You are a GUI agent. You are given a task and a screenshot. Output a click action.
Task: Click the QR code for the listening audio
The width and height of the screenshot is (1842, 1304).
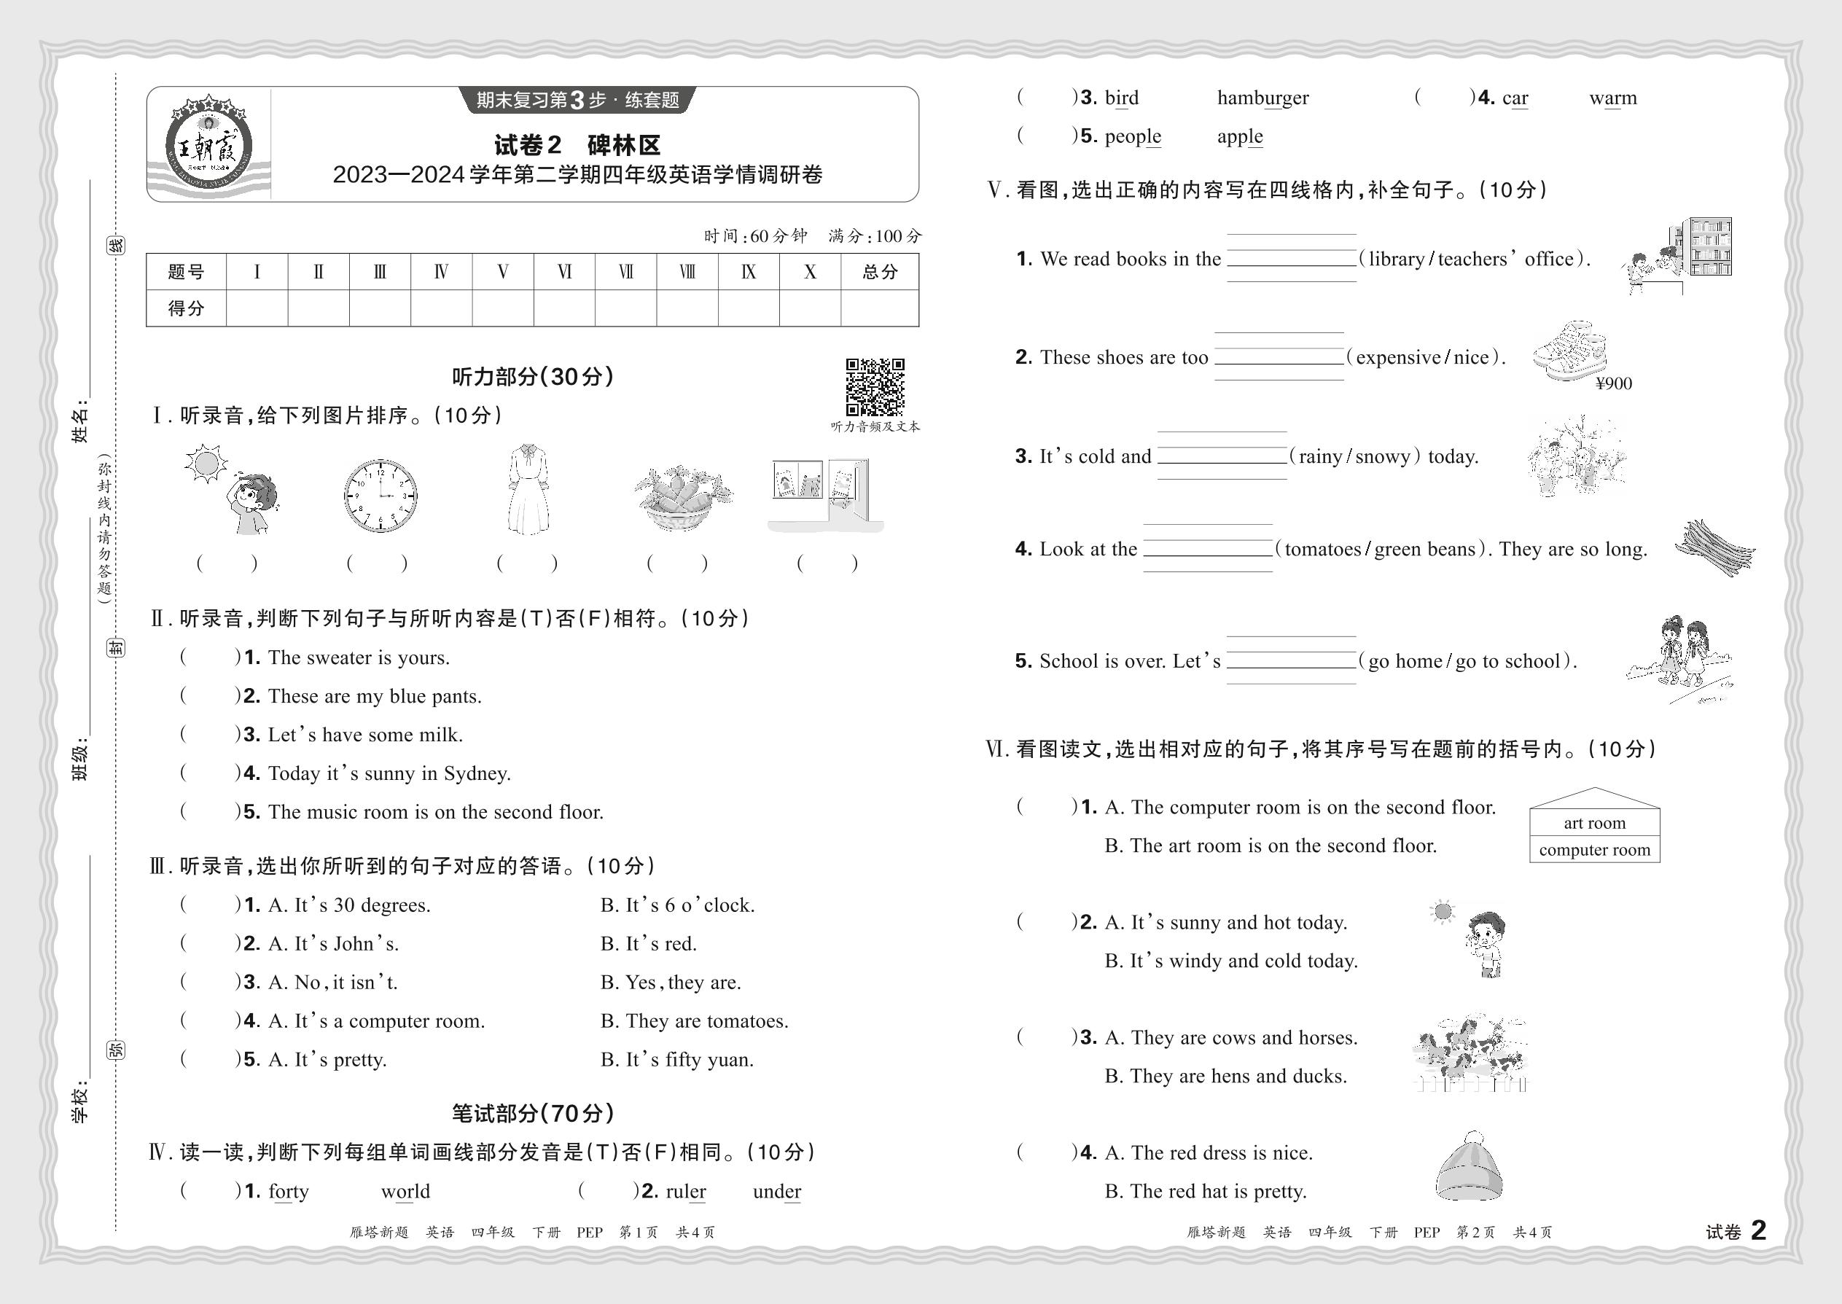[x=875, y=387]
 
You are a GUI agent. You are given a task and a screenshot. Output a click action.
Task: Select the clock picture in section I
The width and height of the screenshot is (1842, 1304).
[x=380, y=495]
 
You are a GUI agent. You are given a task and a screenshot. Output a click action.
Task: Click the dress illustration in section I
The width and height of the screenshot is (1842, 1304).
[x=528, y=489]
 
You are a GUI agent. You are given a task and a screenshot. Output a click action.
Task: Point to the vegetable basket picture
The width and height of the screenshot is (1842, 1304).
[x=682, y=496]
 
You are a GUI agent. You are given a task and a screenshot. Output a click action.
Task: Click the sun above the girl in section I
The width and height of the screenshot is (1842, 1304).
[x=206, y=464]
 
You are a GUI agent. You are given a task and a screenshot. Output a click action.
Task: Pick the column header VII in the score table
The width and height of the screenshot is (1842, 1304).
[x=625, y=272]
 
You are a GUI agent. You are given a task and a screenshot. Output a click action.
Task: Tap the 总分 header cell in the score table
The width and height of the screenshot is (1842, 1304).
[x=879, y=272]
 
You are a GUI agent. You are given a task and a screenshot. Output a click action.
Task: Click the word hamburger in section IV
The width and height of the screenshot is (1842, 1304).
[x=1263, y=98]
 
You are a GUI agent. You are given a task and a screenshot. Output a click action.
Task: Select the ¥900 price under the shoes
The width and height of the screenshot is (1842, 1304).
[x=1613, y=384]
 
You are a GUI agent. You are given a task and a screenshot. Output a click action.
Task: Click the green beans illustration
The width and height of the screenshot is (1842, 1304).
[x=1715, y=547]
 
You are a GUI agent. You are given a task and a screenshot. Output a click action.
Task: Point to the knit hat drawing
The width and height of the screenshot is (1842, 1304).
[x=1470, y=1166]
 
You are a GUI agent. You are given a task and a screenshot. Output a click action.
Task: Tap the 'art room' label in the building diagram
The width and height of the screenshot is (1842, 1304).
[x=1594, y=823]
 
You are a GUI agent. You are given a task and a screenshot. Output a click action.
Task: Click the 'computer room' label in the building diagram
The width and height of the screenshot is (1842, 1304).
[x=1594, y=849]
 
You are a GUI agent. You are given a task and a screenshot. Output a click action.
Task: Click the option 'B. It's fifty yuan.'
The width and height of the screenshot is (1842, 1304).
[x=677, y=1060]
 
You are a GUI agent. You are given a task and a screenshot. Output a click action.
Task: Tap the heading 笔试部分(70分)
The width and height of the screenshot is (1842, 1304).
[x=532, y=1113]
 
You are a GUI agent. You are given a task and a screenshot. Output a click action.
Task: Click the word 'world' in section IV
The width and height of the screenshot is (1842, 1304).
[x=405, y=1192]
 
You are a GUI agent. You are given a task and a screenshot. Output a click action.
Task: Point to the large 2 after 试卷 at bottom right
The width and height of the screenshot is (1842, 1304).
[x=1758, y=1230]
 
